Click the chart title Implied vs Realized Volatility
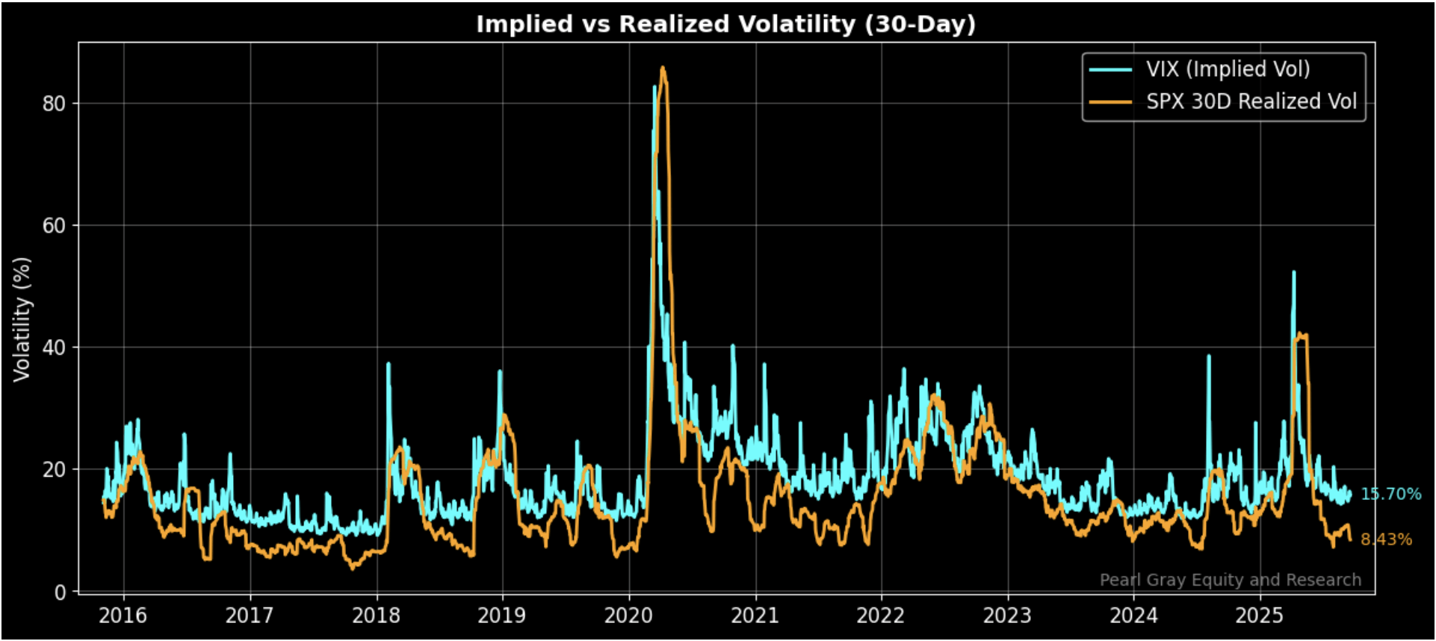click(725, 24)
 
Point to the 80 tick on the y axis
click(54, 104)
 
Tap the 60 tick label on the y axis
click(54, 226)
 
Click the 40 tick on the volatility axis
click(54, 348)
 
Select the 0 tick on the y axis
click(60, 592)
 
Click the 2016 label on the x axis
click(123, 616)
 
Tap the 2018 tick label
click(376, 616)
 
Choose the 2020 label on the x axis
click(628, 616)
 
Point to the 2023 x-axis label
click(1007, 616)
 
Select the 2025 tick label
click(1260, 616)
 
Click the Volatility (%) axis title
click(22, 320)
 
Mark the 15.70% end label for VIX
click(1390, 495)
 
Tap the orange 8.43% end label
click(1386, 539)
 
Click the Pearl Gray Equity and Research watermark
click(1230, 580)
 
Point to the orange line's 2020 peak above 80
click(663, 68)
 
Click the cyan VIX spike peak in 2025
click(1293, 273)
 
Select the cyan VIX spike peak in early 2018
click(388, 364)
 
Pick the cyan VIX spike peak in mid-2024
click(1208, 356)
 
